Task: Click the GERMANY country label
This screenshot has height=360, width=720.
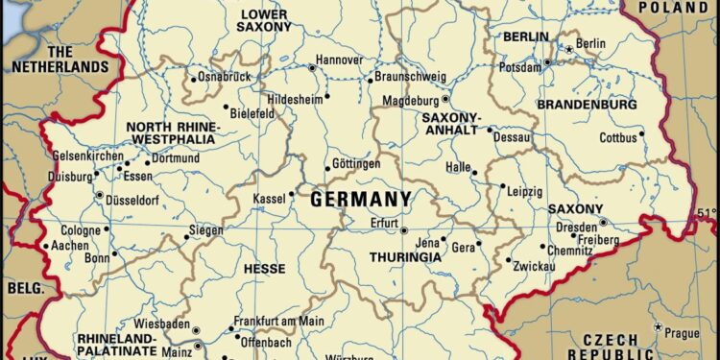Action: point(361,199)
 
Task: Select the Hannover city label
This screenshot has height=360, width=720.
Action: point(341,60)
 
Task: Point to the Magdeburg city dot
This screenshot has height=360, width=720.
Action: point(445,99)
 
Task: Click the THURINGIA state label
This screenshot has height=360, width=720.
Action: point(405,257)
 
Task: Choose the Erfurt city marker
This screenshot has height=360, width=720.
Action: point(404,230)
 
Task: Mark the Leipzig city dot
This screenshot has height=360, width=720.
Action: point(502,187)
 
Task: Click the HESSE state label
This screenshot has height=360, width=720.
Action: point(265,270)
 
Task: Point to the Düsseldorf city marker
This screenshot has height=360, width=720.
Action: point(99,195)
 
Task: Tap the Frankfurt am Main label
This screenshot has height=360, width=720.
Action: point(279,322)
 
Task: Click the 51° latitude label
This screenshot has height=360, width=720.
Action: point(707,212)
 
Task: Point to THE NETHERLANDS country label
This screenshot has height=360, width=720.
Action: point(60,60)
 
